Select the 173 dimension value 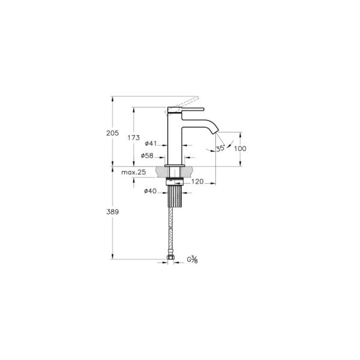point(134,137)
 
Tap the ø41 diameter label point(151,143)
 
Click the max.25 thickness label point(134,173)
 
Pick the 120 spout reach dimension point(198,181)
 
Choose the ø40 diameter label point(151,191)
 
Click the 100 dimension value point(241,149)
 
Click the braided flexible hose point(173,231)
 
